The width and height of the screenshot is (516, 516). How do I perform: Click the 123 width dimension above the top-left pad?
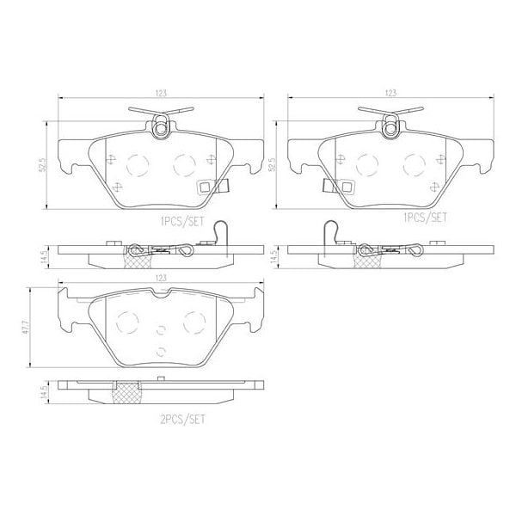(160, 91)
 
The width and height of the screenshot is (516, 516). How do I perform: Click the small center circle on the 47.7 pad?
(161, 329)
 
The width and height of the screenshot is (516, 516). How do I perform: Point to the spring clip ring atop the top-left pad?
(161, 130)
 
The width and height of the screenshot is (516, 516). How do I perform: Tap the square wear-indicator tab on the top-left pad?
(206, 187)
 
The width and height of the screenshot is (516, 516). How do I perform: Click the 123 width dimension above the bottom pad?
(160, 279)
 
